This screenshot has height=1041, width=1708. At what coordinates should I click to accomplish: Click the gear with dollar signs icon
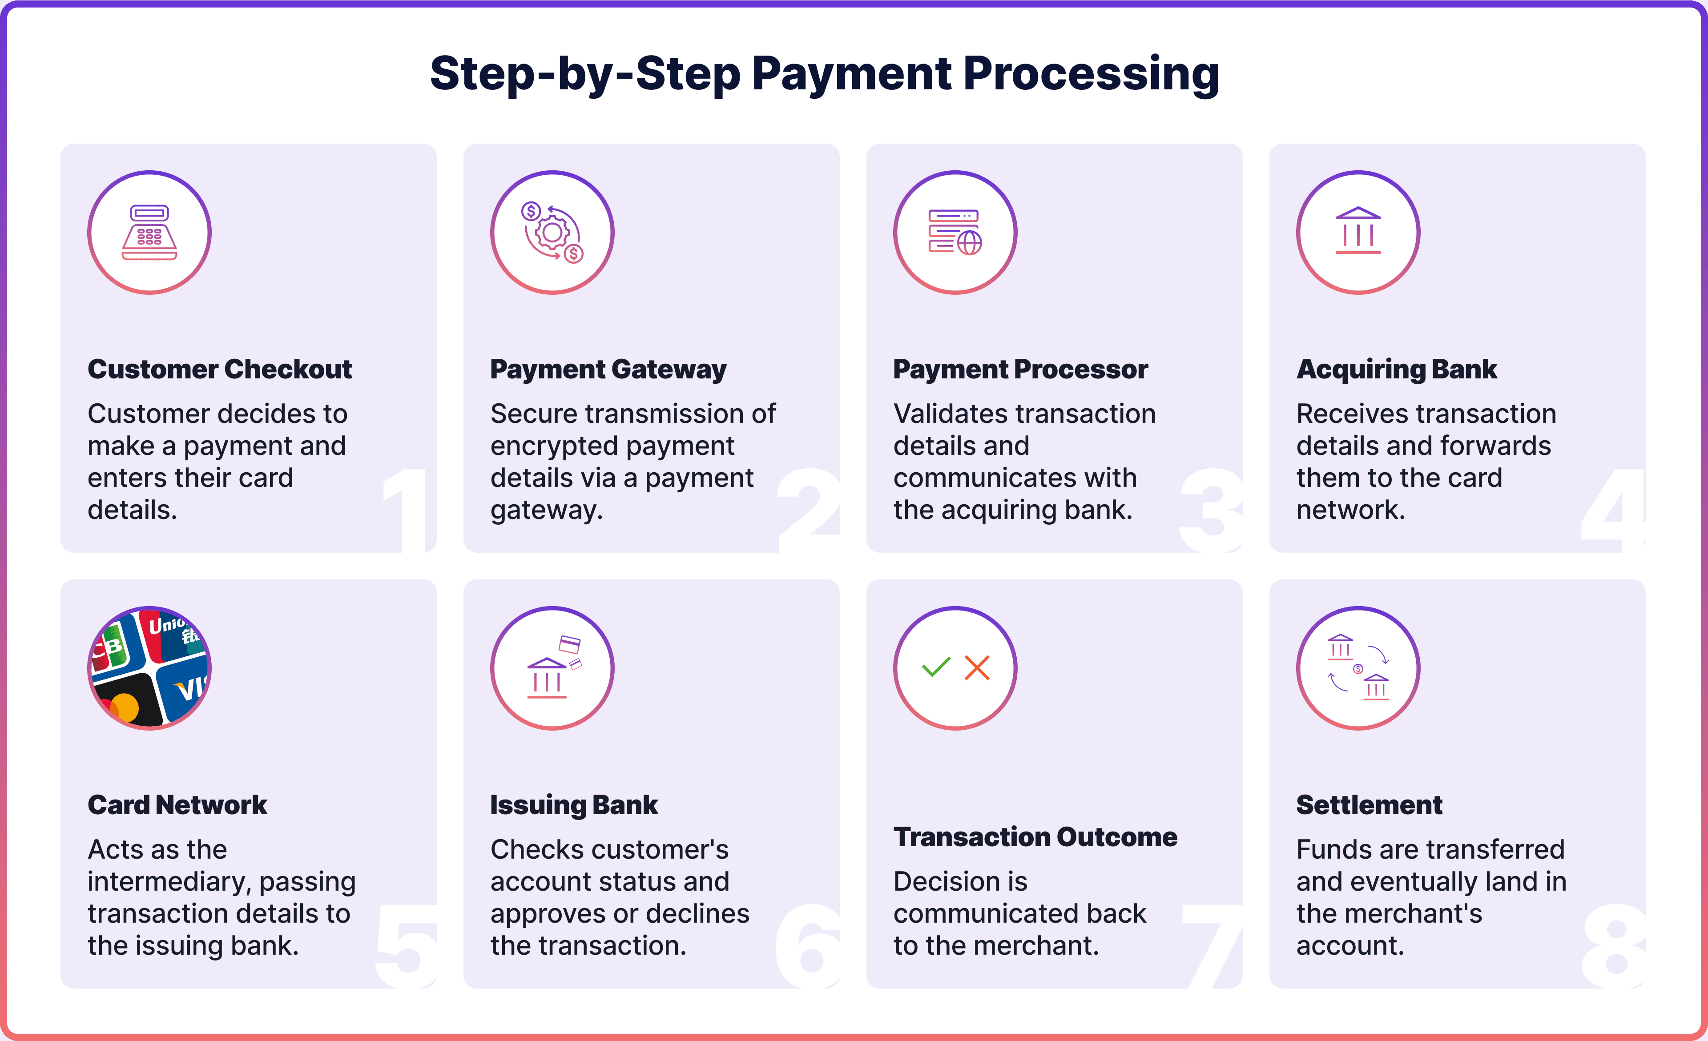(x=552, y=233)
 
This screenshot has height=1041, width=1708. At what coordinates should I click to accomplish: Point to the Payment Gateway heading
(x=608, y=370)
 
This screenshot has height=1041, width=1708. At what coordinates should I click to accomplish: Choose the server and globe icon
(x=955, y=233)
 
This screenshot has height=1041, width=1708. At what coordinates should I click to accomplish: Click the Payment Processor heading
(x=1020, y=370)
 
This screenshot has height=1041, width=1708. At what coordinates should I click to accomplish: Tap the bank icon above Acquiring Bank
(x=1358, y=233)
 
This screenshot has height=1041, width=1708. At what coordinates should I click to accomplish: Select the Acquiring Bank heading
(x=1396, y=370)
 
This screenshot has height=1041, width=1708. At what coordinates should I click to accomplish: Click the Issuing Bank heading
(x=573, y=805)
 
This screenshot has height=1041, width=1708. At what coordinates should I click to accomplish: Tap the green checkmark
(x=936, y=667)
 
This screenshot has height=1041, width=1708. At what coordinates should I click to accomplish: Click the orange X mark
(x=977, y=668)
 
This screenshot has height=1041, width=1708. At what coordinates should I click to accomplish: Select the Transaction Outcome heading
(x=1035, y=837)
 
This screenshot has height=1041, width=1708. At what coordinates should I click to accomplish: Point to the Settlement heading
(x=1369, y=805)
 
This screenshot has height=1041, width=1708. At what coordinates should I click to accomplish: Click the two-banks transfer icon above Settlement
(x=1358, y=668)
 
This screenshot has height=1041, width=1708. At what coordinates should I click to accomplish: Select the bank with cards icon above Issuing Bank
(x=552, y=668)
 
